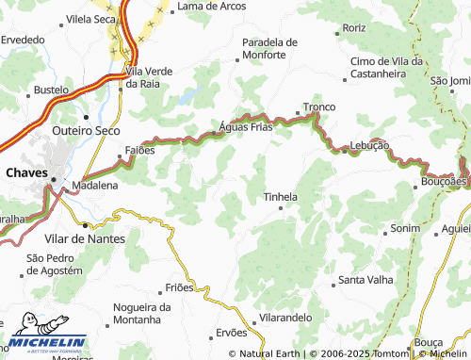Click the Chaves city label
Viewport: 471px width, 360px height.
(x=26, y=172)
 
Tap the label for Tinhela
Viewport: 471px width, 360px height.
(x=280, y=197)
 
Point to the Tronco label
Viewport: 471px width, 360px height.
(x=318, y=107)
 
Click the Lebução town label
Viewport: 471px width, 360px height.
(x=369, y=145)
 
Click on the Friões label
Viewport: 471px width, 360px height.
(x=179, y=286)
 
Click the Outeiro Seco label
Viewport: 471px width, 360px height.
(x=86, y=130)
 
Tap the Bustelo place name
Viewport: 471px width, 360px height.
(x=51, y=90)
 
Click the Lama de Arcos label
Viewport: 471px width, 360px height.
(x=211, y=6)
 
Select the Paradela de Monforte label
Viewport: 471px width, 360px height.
(x=269, y=49)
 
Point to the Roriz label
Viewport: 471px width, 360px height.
(x=354, y=28)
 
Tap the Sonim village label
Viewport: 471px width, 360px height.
(x=405, y=229)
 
